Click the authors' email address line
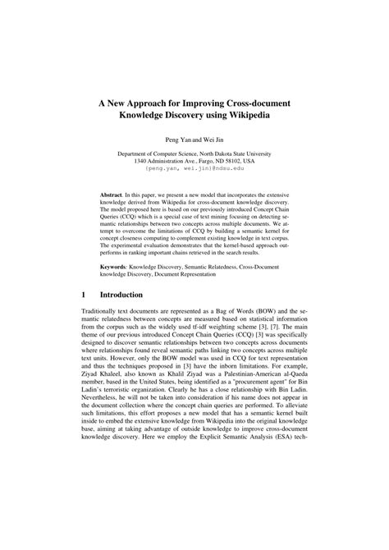194,168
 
